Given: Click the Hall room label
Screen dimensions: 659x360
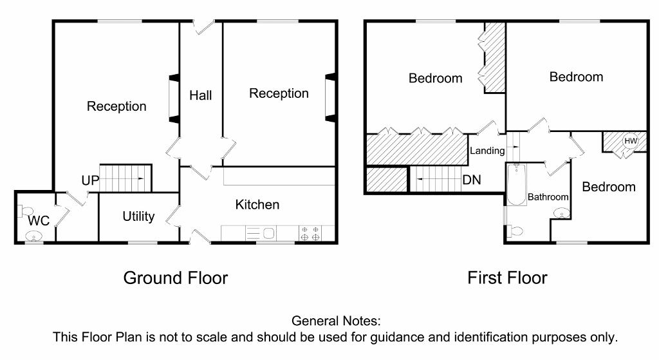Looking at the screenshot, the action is tap(200, 95).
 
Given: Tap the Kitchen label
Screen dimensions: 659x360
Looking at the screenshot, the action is tap(257, 205).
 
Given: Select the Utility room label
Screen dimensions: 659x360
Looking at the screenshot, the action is tap(138, 216).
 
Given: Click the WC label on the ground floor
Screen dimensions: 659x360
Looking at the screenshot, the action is tap(39, 221).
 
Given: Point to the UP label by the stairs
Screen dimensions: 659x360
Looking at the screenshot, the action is tap(90, 181).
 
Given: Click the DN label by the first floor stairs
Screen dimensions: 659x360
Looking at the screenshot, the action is tap(472, 180).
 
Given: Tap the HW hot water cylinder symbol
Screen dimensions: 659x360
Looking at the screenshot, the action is tap(630, 141).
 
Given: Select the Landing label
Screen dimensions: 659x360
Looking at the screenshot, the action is tap(487, 151).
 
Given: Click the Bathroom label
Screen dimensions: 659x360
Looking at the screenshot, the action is tap(548, 197).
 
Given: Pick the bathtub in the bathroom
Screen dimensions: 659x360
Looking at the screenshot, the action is tap(516, 184).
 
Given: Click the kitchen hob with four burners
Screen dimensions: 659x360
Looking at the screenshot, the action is tap(309, 233).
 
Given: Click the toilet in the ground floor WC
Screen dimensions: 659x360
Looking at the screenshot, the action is tap(26, 210).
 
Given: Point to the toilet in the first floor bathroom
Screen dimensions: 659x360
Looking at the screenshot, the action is tap(514, 231).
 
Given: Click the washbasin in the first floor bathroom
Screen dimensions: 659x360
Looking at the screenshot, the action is tap(561, 213).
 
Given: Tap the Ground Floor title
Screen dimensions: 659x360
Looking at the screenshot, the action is tap(175, 278).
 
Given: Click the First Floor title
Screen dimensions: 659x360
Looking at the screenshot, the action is tap(507, 278).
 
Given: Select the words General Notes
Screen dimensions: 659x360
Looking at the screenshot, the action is tap(336, 321).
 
